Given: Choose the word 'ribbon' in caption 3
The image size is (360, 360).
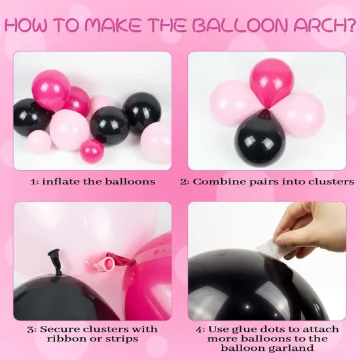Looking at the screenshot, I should click(64, 338).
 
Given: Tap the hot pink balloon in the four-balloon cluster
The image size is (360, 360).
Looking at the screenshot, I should click(272, 82).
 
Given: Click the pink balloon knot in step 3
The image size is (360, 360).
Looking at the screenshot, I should click(104, 263).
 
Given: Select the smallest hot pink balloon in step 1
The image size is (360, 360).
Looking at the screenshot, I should click(92, 151).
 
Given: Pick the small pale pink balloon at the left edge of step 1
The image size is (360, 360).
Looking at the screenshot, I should click(39, 141).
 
